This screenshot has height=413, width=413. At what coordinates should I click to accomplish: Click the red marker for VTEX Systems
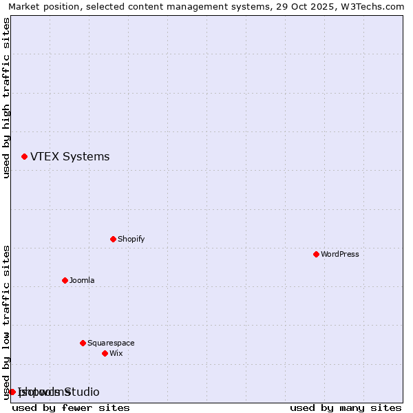pos(24,157)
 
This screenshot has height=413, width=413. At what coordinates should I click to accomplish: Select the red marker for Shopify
pos(113,239)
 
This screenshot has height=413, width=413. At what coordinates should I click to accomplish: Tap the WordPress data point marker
pos(316,254)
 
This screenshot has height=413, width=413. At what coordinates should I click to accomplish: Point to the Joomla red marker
pos(65,280)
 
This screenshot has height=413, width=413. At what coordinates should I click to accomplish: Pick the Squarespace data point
pos(83,343)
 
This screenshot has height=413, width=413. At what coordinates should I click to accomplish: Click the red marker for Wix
pos(105,353)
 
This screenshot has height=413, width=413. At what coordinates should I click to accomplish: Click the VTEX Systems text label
pos(70,157)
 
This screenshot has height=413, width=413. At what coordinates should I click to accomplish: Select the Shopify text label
pos(131,239)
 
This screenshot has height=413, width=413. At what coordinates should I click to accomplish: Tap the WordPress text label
pos(339,254)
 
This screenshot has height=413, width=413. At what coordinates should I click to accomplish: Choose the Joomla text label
pos(82,280)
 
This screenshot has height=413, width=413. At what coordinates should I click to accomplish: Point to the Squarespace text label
pos(111,343)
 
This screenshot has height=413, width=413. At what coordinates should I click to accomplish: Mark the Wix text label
pos(116,353)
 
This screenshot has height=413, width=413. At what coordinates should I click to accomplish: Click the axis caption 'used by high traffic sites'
pos(7,98)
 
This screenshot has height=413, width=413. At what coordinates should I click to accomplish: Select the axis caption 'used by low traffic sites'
pos(7,322)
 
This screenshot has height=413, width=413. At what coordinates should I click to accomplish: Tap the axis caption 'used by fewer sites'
pos(71,407)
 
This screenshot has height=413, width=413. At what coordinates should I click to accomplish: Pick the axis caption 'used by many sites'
pos(346,407)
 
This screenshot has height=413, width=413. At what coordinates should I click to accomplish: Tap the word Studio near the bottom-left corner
pos(82,392)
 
